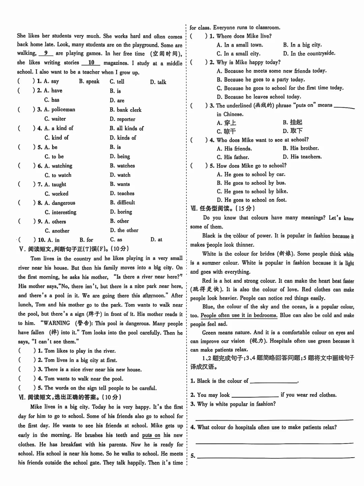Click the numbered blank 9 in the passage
pyautogui.click(x=46, y=53)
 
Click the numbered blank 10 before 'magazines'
pyautogui.click(x=91, y=63)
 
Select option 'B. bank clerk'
pyautogui.click(x=125, y=110)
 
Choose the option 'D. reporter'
pyautogui.click(x=122, y=119)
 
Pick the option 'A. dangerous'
pyautogui.click(x=60, y=203)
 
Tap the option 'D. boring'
pyautogui.click(x=121, y=212)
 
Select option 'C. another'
pyautogui.click(x=57, y=231)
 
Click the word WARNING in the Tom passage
pyautogui.click(x=57, y=323)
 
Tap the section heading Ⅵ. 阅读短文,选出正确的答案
pyautogui.click(x=70, y=397)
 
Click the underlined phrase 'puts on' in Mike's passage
pyautogui.click(x=151, y=435)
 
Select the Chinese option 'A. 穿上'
pyautogui.click(x=226, y=123)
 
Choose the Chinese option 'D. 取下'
pyautogui.click(x=293, y=131)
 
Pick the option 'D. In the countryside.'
pyautogui.click(x=309, y=53)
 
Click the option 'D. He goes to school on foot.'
pyautogui.click(x=252, y=200)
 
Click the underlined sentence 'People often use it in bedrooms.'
pyautogui.click(x=239, y=316)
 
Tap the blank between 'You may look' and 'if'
pyautogui.click(x=255, y=395)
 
